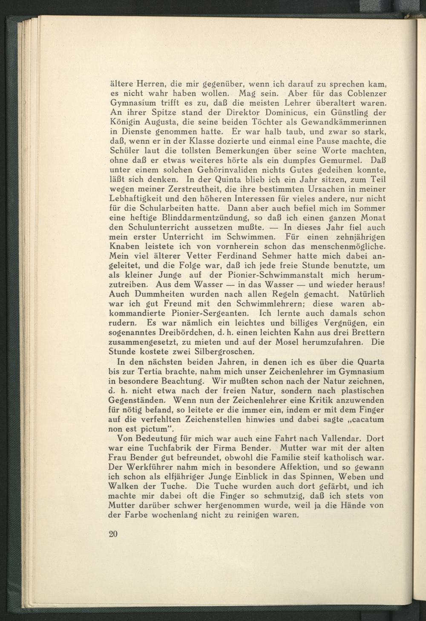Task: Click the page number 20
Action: (x=113, y=534)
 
